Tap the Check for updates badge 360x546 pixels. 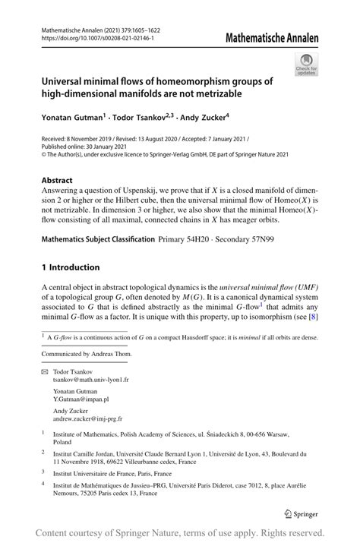(x=308, y=65)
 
